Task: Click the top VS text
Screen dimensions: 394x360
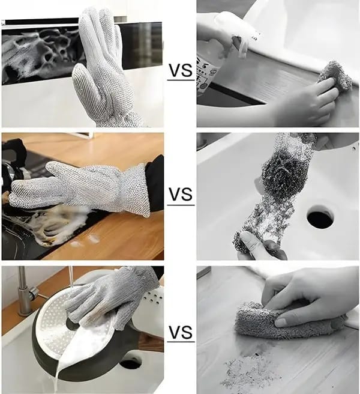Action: (180, 71)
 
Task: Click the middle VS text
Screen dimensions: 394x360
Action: (181, 195)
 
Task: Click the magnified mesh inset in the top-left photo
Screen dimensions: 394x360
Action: (36, 57)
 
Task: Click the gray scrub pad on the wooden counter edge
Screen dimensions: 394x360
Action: (335, 75)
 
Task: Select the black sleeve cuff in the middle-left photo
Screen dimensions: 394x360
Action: (154, 183)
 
